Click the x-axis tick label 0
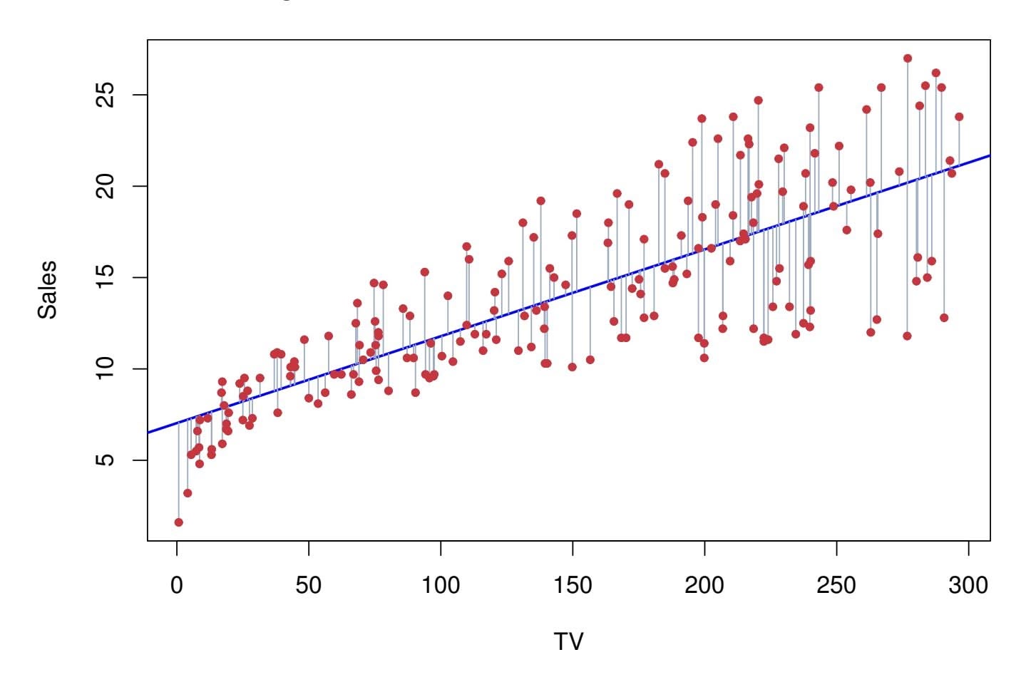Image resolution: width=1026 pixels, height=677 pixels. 177,585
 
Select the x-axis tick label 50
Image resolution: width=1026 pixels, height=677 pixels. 309,585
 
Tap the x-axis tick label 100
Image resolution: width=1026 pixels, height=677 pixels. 441,585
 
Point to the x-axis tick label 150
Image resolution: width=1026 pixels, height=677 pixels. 573,585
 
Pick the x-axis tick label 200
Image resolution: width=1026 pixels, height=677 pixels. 704,585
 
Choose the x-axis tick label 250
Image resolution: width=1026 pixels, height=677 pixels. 836,585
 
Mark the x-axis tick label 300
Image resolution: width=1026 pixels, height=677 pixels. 968,585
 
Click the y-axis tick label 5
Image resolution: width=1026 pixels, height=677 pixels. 106,460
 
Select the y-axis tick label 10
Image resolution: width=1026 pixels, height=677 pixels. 106,369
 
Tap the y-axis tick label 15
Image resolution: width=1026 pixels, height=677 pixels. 106,278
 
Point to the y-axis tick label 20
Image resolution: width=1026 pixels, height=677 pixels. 106,187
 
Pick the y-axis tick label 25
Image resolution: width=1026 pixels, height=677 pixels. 106,95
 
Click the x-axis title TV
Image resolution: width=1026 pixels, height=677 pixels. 568,642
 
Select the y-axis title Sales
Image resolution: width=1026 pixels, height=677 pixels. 48,289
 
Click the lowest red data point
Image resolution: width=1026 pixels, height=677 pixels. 179,522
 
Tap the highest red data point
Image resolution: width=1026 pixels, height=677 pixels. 908,58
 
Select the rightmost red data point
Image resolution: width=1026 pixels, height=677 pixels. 959,117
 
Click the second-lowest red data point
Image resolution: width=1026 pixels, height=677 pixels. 188,493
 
